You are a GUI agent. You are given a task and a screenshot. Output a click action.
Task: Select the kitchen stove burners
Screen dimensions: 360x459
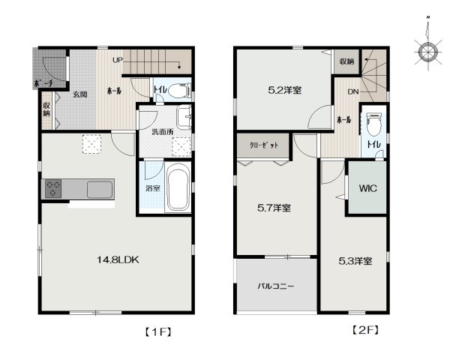(x=54, y=189)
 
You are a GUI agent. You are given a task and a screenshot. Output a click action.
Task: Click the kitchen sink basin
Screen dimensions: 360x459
(x=99, y=190)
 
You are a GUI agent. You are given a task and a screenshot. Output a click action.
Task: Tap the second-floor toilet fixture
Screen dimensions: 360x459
(x=374, y=123)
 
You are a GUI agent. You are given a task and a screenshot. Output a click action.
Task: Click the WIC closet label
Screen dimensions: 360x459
(x=367, y=188)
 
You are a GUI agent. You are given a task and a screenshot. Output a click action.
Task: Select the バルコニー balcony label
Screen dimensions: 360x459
(x=276, y=286)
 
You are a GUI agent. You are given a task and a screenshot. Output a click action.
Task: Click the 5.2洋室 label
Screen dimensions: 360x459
(x=285, y=91)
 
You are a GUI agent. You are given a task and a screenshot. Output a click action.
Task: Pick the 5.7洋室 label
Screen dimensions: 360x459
(x=275, y=208)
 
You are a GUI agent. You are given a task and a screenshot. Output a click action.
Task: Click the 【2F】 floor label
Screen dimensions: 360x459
(x=364, y=329)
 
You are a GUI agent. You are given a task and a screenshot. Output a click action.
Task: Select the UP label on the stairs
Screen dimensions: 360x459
(x=118, y=59)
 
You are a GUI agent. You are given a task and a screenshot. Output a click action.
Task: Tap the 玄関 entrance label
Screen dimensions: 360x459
(x=80, y=94)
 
